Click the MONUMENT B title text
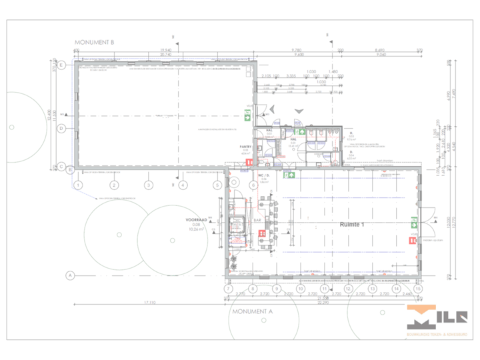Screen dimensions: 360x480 95,42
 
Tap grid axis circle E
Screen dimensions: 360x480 61,65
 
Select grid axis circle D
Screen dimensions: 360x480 61,128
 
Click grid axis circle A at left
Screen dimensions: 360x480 69,275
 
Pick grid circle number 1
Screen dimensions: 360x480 79,185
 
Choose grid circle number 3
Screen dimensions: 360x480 148,185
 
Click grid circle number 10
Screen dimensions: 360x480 300,289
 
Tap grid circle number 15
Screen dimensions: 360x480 418,289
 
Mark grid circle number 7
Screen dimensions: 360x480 229,289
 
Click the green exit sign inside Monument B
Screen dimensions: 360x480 247,117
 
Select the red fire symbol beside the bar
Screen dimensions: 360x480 263,233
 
